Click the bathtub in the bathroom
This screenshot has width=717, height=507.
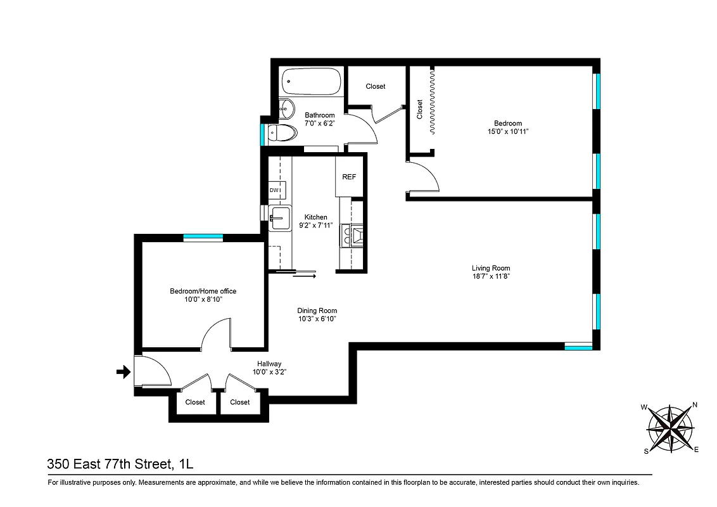pos(311,82)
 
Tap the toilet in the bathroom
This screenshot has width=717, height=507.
pos(282,133)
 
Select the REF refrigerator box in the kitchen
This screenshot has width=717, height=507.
pos(349,177)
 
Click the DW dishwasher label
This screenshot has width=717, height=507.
pos(275,190)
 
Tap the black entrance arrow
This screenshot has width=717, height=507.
pos(123,373)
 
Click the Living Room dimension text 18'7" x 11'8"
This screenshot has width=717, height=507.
pos(491,277)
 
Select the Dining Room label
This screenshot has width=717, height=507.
pos(317,311)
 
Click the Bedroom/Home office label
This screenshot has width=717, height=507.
pos(203,291)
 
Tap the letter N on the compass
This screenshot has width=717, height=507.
pos(694,405)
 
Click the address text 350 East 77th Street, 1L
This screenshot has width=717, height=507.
pos(120,465)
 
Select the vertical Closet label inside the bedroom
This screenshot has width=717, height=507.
pos(419,109)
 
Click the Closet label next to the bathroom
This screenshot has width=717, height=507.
pos(376,86)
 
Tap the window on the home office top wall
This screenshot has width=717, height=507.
pos(203,237)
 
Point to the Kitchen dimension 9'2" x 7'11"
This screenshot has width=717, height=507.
pos(316,226)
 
